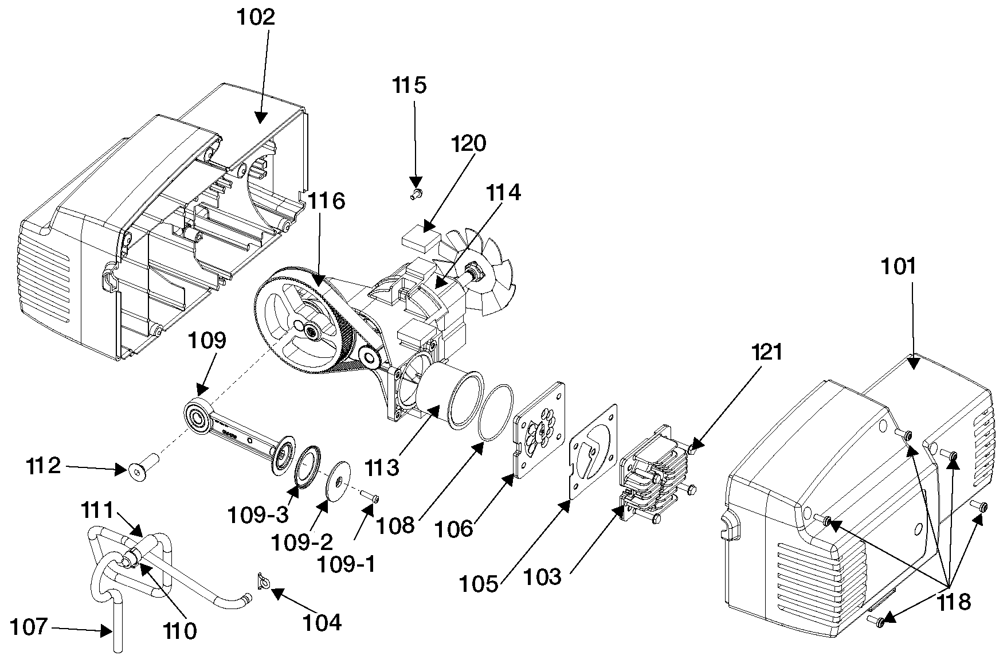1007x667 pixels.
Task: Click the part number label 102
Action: tap(256, 17)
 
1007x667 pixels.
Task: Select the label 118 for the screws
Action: tap(953, 602)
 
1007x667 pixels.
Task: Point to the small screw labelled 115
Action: tap(416, 194)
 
